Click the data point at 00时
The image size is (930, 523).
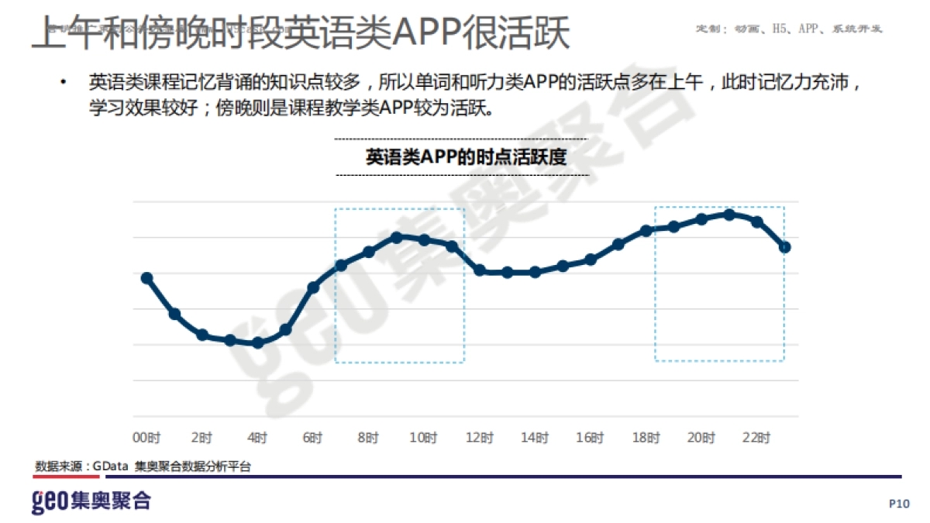pyautogui.click(x=147, y=278)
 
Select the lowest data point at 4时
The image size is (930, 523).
pyautogui.click(x=258, y=342)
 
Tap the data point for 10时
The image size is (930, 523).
pyautogui.click(x=424, y=240)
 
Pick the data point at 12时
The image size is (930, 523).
pyautogui.click(x=480, y=270)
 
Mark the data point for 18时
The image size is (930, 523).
pyautogui.click(x=646, y=231)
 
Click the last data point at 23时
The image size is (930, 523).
pyautogui.click(x=785, y=247)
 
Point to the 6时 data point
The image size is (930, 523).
pyautogui.click(x=314, y=287)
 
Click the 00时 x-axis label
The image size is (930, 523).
pyautogui.click(x=146, y=439)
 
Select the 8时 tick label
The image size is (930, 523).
pyautogui.click(x=369, y=439)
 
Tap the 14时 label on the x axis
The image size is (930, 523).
pyautogui.click(x=535, y=439)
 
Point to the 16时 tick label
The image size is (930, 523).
pyautogui.click(x=591, y=439)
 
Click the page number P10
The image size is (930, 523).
pyautogui.click(x=899, y=504)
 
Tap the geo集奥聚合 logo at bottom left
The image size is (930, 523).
pyautogui.click(x=91, y=501)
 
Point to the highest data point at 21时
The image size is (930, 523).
pyautogui.click(x=729, y=214)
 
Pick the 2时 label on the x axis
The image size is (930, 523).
pyautogui.click(x=202, y=439)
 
